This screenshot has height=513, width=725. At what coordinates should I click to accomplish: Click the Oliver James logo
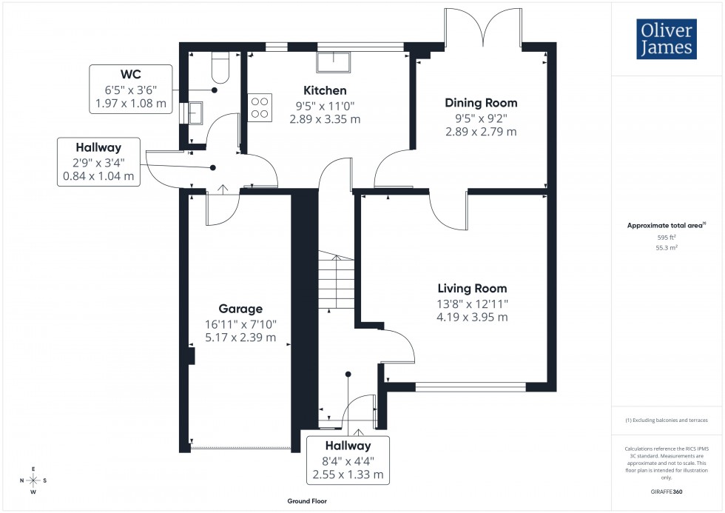coord(667,39)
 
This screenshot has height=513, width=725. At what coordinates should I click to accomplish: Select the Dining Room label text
coord(481,103)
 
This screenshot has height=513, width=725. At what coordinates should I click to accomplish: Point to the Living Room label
coord(472,289)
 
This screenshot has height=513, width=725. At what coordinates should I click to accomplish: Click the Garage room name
coord(240,309)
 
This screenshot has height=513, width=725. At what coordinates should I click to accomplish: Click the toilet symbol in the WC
coord(220,68)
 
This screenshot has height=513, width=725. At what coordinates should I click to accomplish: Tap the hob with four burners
coord(260,107)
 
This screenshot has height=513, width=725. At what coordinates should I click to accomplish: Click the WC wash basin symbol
coord(195,113)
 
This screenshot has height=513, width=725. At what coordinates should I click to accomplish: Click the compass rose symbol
coord(33,480)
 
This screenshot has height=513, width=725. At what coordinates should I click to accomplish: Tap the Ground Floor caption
coord(308,501)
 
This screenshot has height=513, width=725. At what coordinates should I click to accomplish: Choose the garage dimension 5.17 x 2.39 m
coord(240,338)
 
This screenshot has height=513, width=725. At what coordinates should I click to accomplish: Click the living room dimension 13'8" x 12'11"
coord(472,304)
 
